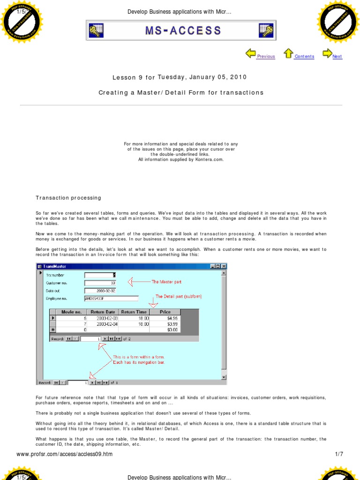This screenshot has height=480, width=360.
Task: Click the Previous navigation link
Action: (266, 57)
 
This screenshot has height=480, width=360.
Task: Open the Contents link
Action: (304, 57)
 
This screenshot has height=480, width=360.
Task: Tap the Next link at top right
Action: (337, 57)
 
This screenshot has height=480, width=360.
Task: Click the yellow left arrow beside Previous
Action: (251, 54)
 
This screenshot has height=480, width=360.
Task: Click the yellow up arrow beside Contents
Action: (289, 54)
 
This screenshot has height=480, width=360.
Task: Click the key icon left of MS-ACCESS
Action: (96, 31)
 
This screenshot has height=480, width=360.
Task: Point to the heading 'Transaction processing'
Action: (68, 198)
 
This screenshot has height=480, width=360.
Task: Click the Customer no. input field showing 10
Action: (100, 283)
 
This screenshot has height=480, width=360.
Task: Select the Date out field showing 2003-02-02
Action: (100, 291)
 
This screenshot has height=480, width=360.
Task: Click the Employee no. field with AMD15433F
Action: (111, 298)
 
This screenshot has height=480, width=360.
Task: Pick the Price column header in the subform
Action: (165, 312)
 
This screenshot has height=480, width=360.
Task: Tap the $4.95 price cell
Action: (165, 318)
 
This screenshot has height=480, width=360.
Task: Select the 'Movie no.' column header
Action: (71, 312)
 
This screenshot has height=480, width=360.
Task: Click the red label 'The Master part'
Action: (166, 282)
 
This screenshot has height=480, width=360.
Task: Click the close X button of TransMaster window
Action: (224, 266)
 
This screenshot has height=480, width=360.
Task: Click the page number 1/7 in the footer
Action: (339, 454)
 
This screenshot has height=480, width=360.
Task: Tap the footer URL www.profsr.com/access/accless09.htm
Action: (64, 454)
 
